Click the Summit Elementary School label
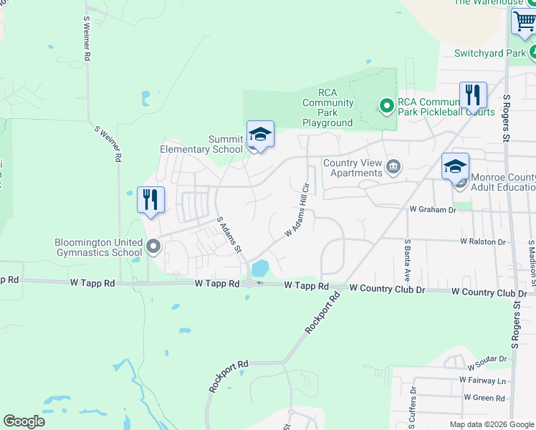[201, 144]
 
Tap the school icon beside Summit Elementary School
[260, 134]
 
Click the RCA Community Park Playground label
[328, 107]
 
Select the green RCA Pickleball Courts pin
[387, 107]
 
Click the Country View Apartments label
[353, 168]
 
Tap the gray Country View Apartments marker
[393, 168]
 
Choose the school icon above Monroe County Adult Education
[455, 166]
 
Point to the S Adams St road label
[229, 234]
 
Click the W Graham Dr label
[433, 210]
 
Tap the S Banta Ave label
[407, 260]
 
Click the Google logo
[24, 421]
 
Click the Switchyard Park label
[490, 53]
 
